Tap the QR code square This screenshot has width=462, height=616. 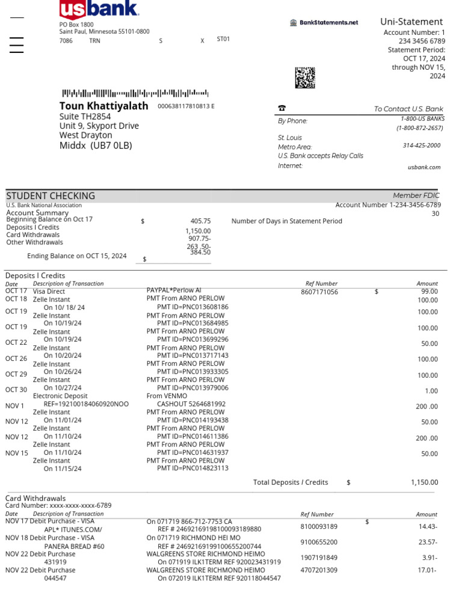(x=305, y=78)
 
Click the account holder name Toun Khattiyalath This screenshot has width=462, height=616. (x=103, y=106)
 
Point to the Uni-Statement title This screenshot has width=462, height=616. (x=411, y=22)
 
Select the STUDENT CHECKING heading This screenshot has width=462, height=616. (x=51, y=196)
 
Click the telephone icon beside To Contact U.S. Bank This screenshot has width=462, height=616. (x=282, y=108)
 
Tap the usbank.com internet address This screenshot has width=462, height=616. (x=424, y=167)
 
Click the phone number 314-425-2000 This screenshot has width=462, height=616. (x=421, y=146)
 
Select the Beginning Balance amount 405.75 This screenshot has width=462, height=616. (x=200, y=221)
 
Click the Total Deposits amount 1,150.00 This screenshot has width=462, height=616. (x=424, y=482)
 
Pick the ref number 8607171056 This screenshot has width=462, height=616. (x=319, y=292)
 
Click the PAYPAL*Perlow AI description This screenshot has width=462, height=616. (x=174, y=290)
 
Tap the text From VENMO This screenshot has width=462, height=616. (x=167, y=396)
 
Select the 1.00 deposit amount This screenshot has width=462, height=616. (x=431, y=391)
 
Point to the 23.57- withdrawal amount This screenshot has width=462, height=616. (x=428, y=542)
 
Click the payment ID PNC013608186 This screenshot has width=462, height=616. (x=192, y=307)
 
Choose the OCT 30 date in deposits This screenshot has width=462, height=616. (x=16, y=390)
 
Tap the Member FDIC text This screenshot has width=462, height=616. (x=416, y=196)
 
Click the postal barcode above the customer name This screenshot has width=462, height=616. (x=135, y=93)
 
